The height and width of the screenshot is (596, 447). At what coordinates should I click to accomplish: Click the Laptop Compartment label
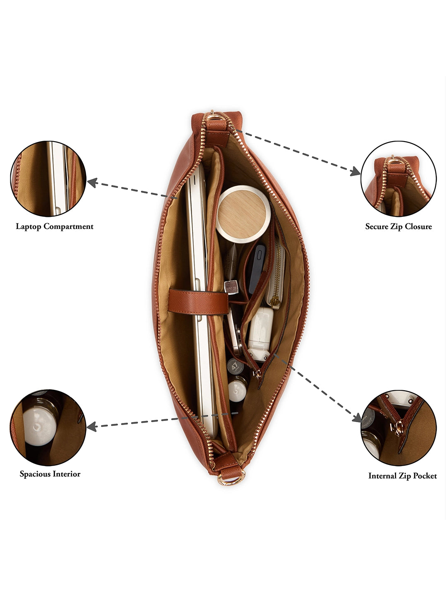55,226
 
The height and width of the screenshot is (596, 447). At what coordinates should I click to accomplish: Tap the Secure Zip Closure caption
398,226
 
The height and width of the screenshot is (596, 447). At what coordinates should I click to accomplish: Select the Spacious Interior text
50,474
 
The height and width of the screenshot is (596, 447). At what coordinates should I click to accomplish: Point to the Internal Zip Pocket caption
402,476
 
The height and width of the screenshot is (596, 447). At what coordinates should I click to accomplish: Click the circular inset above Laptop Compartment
48,179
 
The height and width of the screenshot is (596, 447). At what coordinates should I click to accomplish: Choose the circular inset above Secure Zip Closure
399,179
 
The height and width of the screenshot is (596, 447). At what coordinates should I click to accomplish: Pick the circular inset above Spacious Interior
48,427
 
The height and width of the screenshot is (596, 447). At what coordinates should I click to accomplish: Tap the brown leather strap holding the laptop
198,301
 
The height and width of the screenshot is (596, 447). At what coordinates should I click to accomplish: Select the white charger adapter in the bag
261,331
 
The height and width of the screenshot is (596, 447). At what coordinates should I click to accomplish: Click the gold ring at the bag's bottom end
231,479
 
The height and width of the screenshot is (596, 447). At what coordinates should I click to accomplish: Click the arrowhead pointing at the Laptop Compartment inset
92,183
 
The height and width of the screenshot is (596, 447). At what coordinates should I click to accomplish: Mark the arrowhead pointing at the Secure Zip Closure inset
355,171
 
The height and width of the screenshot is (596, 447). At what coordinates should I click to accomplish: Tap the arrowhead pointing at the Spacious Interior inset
92,426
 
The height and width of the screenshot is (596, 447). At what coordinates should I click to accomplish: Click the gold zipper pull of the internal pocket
258,374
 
